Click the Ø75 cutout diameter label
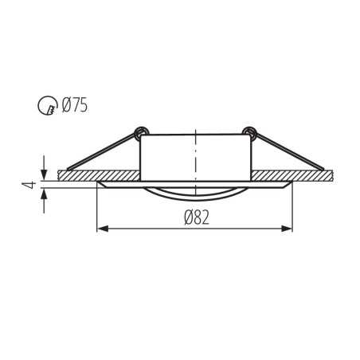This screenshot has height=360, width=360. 75,104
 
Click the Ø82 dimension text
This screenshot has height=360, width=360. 195,217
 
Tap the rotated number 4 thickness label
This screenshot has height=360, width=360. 28,185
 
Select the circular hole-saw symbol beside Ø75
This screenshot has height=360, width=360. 48,104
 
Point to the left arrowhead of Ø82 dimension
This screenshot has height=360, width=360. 101,229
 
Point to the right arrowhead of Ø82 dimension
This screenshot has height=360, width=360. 288,229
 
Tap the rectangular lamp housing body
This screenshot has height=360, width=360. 195,157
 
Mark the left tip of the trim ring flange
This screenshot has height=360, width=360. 99,183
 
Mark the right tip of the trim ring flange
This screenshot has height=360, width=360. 291,183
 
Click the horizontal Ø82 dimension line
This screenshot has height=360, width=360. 159,229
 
